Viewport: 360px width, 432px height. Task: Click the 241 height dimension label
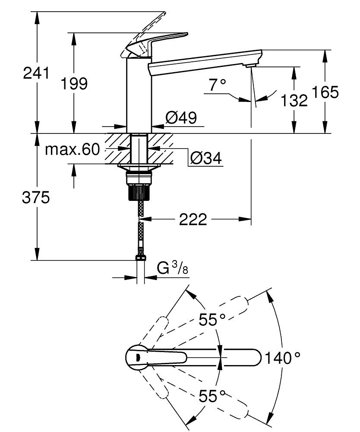tap(36, 73)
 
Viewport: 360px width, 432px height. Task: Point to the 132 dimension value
tap(294, 101)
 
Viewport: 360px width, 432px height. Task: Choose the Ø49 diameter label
tap(181, 117)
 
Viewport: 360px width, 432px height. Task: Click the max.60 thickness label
tap(73, 149)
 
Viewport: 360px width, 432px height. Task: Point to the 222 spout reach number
tap(193, 220)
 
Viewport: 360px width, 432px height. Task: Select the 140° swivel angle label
tap(283, 358)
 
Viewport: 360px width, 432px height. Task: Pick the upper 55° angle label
tap(212, 320)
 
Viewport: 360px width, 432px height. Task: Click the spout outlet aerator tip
tap(249, 66)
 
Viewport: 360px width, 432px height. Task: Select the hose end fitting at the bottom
tap(141, 258)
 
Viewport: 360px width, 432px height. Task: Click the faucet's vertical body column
tap(139, 95)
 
